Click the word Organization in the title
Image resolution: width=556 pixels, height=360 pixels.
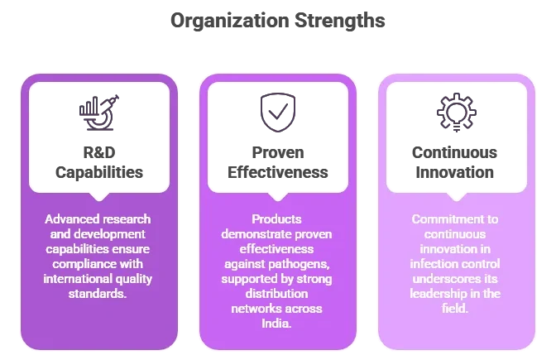coord(229,21)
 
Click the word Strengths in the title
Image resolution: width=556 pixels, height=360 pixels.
coord(340,20)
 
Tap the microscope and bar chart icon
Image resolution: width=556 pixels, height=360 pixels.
coord(99,113)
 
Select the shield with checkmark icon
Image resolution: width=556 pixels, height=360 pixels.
coord(278,113)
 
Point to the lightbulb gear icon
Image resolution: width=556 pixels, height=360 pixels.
coord(457,113)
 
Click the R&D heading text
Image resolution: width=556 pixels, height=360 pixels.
coord(99,152)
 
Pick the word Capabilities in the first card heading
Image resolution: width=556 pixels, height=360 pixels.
coord(99,173)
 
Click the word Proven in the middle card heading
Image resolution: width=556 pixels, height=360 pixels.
coord(278,153)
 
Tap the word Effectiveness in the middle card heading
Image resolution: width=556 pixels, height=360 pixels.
coord(278,172)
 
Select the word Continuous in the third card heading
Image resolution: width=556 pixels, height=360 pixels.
coord(454,152)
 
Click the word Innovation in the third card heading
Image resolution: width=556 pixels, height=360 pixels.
coord(454,172)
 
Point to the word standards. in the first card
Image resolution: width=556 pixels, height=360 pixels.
coord(98,294)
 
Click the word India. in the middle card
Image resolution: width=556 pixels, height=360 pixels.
coord(276,324)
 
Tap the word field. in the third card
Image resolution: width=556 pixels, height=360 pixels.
coord(455,308)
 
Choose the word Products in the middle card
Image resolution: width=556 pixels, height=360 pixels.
coord(276,219)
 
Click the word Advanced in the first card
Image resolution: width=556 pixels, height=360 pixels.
coord(67,219)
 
